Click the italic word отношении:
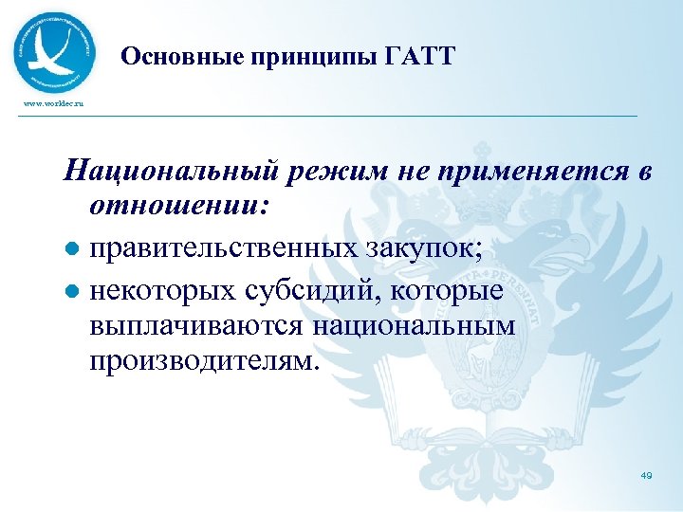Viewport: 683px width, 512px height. (180, 205)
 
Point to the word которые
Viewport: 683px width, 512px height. (452, 291)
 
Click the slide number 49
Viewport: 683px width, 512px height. (645, 475)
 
